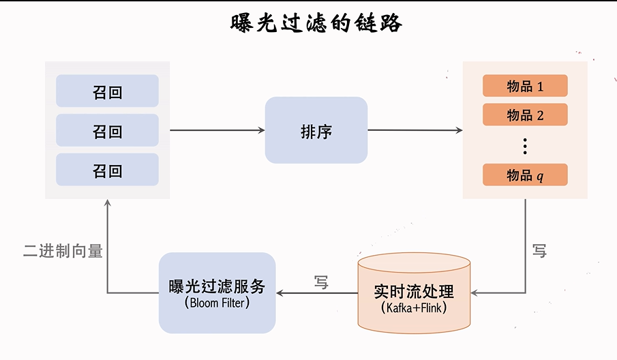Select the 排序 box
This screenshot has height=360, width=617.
(x=316, y=130)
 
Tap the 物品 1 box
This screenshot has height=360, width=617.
(x=525, y=86)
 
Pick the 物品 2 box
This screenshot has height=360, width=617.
(x=525, y=115)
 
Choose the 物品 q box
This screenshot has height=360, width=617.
(x=525, y=175)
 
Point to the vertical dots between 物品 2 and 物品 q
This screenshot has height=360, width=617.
(x=525, y=145)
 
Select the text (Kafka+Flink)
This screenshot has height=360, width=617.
(x=414, y=307)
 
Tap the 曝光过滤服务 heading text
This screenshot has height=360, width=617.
(x=217, y=286)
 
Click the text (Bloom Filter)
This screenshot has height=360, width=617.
(x=217, y=303)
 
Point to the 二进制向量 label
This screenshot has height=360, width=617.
(x=63, y=251)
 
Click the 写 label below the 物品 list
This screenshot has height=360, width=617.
(x=539, y=251)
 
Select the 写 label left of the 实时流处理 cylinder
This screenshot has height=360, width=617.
(x=321, y=282)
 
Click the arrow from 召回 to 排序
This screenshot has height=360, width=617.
(x=217, y=130)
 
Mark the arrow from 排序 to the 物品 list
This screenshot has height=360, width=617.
(x=415, y=130)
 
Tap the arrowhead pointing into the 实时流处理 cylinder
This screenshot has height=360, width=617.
(x=475, y=293)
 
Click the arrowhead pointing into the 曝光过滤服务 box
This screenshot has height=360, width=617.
(x=280, y=293)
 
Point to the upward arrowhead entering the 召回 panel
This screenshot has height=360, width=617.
(x=107, y=203)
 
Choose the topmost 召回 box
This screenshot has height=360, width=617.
(x=107, y=91)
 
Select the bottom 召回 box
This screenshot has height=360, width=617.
(x=107, y=170)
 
